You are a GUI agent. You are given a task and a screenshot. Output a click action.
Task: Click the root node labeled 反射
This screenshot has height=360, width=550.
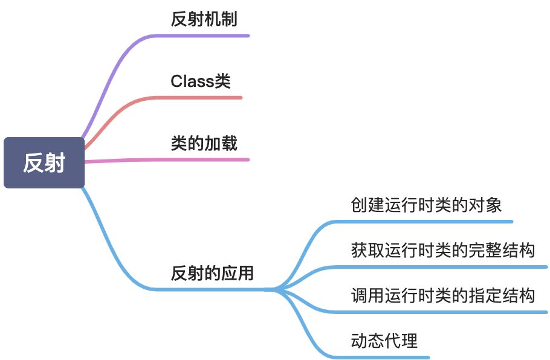pos(44,162)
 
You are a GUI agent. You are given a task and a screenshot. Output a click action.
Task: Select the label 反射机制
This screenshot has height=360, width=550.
pos(204,19)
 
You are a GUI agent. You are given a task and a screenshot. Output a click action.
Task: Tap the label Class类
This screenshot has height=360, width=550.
pos(201,81)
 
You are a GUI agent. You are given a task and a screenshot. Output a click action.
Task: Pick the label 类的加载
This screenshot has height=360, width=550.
pos(204,143)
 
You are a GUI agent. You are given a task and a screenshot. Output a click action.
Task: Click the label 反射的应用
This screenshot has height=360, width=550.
pos(212,273)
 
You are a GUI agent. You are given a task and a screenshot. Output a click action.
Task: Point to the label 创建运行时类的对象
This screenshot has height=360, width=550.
pos(426,205)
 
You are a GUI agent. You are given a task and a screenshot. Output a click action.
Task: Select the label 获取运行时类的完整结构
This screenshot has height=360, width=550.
pos(443,249)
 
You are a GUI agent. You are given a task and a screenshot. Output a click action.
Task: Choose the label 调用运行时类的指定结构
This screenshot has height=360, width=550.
pos(443,295)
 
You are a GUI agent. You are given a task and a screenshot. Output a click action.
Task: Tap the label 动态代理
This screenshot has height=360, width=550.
pos(384,341)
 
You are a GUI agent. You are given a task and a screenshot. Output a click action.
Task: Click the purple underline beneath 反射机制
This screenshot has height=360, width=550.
pos(205,36)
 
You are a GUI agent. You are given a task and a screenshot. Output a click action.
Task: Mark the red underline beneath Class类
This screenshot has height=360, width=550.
pos(199,97)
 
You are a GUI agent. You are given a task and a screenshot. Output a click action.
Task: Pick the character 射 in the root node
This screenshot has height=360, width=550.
pos(54,162)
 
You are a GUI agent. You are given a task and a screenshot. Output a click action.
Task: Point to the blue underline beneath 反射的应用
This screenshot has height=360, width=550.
pos(212,290)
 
